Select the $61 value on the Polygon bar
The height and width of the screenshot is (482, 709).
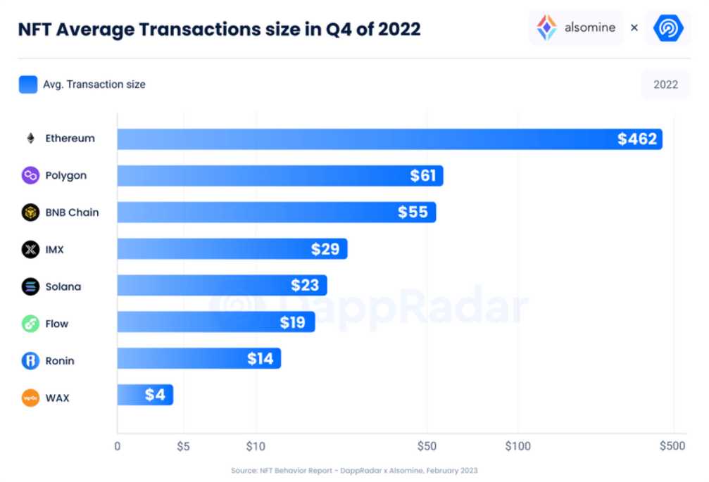(423, 176)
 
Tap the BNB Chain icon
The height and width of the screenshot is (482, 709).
(30, 213)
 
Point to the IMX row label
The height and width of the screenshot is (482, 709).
(54, 250)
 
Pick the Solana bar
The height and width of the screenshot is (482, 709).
(222, 286)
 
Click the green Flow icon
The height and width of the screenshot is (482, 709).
(30, 324)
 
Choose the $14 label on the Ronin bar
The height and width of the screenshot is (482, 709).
(260, 359)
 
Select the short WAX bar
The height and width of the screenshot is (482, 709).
(145, 395)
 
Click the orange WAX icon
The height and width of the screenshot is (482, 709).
(30, 398)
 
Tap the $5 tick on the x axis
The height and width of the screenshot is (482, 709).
(183, 446)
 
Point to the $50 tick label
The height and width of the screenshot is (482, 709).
(427, 446)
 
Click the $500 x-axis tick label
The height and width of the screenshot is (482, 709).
(672, 446)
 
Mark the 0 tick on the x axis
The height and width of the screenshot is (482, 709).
(118, 446)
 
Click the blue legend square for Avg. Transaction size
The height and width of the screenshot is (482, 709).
(28, 84)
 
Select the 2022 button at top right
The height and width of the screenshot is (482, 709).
(665, 84)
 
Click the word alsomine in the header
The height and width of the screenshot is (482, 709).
(589, 28)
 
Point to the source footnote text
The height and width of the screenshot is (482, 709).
(354, 470)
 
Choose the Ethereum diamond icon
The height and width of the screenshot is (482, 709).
(30, 139)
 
